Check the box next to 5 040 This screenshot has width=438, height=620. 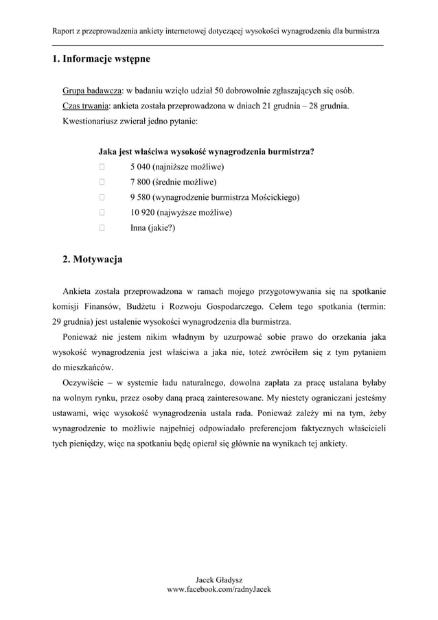(102, 167)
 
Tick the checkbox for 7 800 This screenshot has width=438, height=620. (102, 182)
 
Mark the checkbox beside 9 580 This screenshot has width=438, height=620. (102, 197)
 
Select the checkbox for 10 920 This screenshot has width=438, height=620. (102, 212)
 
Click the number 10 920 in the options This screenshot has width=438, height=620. (144, 212)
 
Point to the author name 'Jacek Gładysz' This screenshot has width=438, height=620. (219, 580)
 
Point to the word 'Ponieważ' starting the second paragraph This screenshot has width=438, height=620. (82, 336)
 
